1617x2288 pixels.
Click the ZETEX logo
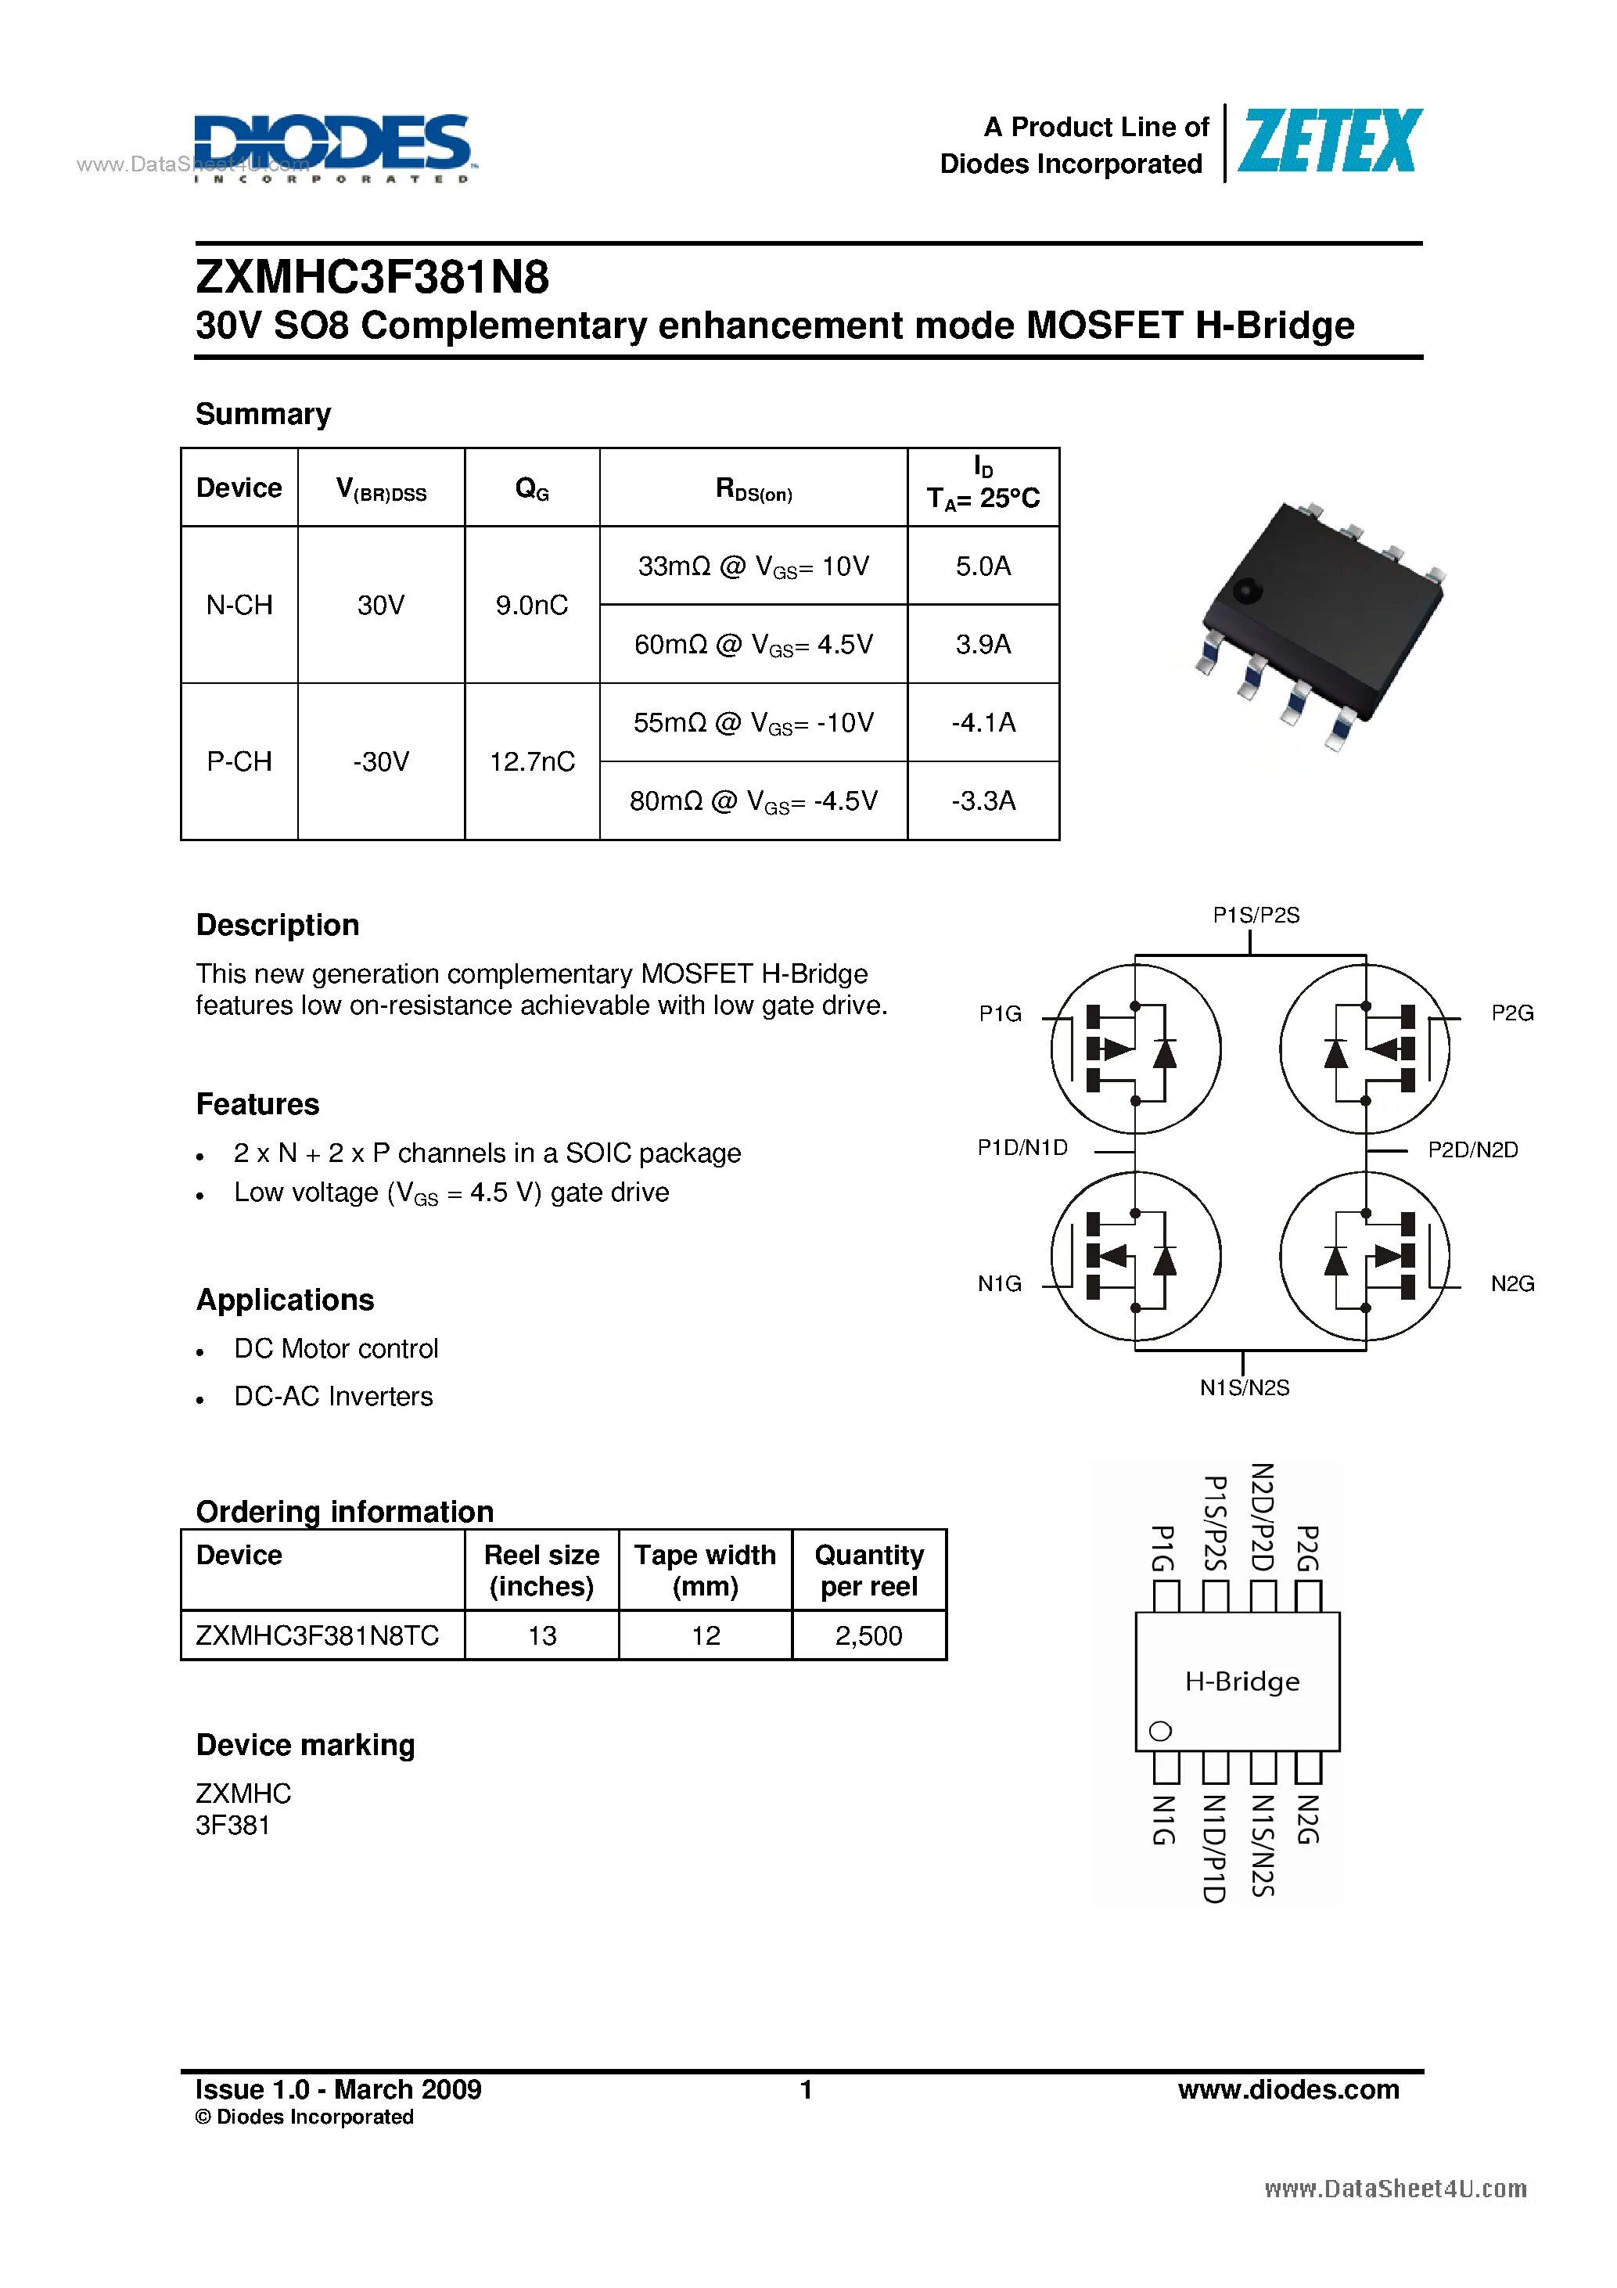[x=1329, y=142]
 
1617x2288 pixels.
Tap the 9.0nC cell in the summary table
[x=531, y=605]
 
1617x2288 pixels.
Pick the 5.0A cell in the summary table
[x=983, y=566]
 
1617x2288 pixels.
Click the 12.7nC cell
[x=531, y=761]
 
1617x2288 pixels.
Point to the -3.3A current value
[x=983, y=800]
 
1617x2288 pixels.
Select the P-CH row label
[x=239, y=761]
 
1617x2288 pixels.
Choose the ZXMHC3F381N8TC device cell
[x=318, y=1635]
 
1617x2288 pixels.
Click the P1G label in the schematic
[x=1001, y=1013]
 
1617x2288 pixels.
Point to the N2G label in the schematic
[x=1511, y=1283]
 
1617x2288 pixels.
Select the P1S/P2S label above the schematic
[x=1256, y=915]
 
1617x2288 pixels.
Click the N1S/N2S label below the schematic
[x=1245, y=1387]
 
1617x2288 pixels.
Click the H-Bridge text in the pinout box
[x=1241, y=1681]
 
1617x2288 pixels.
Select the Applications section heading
[x=285, y=1300]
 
